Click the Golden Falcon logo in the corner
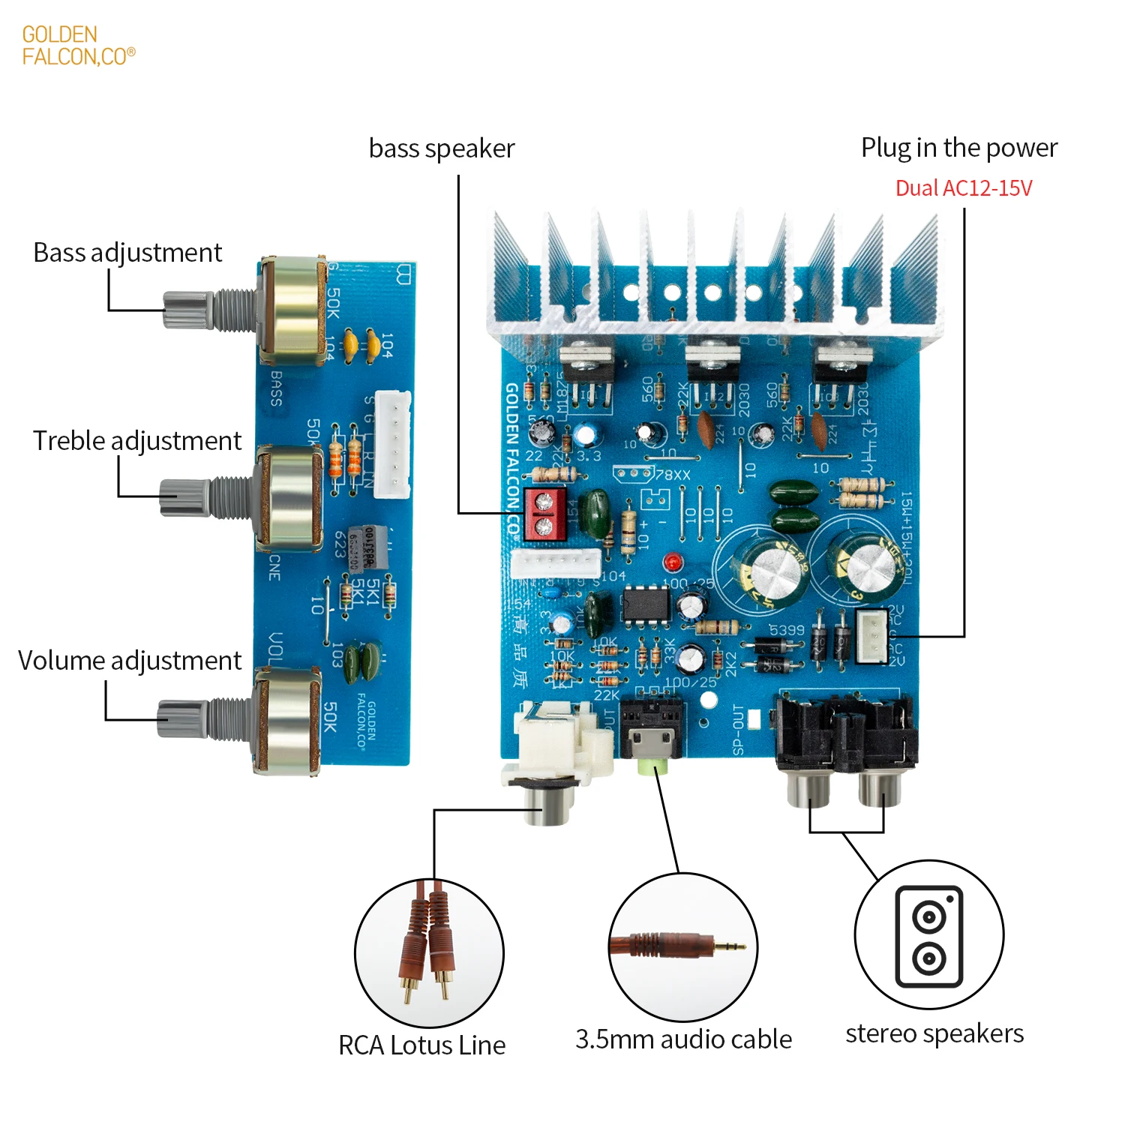pyautogui.click(x=78, y=46)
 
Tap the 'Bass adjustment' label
pyautogui.click(x=127, y=253)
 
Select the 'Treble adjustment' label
pyautogui.click(x=137, y=441)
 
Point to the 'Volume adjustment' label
pyautogui.click(x=130, y=661)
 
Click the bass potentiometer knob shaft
pyautogui.click(x=187, y=309)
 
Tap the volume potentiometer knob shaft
pyautogui.click(x=182, y=718)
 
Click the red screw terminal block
pyautogui.click(x=544, y=514)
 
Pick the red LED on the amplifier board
pyautogui.click(x=672, y=561)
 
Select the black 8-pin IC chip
pyautogui.click(x=646, y=602)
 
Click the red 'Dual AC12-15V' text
pyautogui.click(x=964, y=188)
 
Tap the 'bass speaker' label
pyautogui.click(x=442, y=148)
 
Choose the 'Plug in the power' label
pyautogui.click(x=958, y=148)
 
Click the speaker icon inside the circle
pyautogui.click(x=929, y=936)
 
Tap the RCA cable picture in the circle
pyautogui.click(x=428, y=949)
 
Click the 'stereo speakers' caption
pyautogui.click(x=934, y=1033)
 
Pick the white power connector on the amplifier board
pyautogui.click(x=871, y=636)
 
